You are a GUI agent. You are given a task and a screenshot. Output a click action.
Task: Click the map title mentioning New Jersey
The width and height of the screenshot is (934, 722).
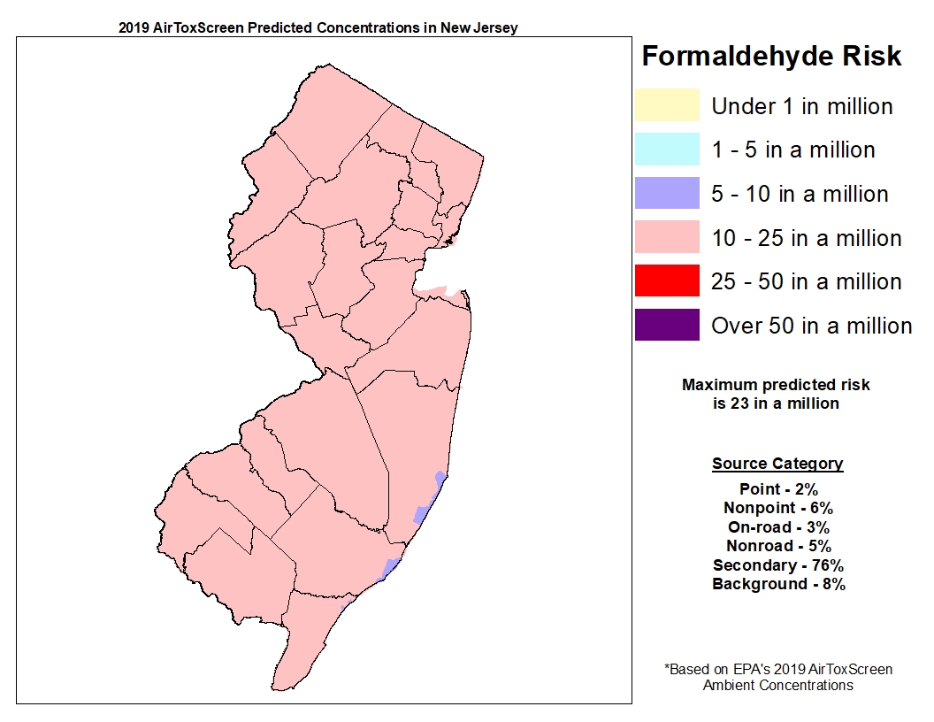coord(318,27)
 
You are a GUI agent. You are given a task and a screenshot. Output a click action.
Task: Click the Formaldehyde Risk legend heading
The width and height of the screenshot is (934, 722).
coord(771,57)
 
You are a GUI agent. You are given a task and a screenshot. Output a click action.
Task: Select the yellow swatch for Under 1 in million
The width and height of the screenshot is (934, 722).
coord(666,105)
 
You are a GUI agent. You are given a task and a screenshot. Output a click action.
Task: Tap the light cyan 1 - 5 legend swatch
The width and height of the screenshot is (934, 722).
coord(666,149)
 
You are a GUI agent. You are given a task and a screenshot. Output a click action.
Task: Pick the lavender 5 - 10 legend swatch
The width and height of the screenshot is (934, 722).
coord(666,193)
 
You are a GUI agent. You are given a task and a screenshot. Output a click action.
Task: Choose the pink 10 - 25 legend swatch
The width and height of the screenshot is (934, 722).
coord(666,237)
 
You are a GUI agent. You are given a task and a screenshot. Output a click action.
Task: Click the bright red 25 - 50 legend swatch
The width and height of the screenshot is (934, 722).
coord(666,280)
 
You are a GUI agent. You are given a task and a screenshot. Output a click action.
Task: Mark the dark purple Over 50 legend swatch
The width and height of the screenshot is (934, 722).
coord(666,325)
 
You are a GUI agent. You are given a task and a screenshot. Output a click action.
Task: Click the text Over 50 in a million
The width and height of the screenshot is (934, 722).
coord(811,326)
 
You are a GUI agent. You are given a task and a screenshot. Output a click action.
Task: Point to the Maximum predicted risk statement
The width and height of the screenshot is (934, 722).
coord(776,394)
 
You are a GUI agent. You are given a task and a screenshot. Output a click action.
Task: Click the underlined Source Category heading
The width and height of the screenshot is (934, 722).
coord(777,464)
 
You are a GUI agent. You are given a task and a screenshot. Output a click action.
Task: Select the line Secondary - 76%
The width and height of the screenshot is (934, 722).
coord(777,565)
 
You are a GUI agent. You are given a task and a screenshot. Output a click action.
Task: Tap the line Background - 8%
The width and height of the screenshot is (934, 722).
coord(777,584)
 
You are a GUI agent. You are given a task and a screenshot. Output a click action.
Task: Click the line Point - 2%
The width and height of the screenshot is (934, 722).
coord(777,489)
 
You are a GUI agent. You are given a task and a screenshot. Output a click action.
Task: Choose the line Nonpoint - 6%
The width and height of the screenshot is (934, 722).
coord(777,508)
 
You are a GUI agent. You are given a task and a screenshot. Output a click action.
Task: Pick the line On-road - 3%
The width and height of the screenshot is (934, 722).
coord(777,527)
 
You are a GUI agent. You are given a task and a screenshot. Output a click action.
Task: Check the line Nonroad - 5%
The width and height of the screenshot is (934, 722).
coord(777,546)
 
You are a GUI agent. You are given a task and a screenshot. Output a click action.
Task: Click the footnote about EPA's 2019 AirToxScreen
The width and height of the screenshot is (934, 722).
coord(777,677)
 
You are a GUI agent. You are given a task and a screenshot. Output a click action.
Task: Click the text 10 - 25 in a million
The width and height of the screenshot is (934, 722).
coord(806,238)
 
